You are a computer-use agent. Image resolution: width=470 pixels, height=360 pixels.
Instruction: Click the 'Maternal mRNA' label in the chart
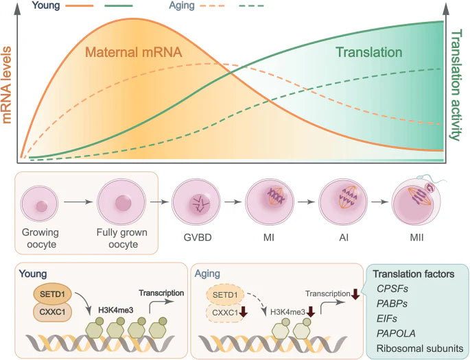[x=134, y=52]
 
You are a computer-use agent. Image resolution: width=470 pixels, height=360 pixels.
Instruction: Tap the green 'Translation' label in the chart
[x=368, y=52]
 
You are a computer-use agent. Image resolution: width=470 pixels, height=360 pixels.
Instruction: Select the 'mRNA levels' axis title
[x=7, y=85]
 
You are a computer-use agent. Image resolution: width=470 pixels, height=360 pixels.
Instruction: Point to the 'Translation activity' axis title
[x=456, y=85]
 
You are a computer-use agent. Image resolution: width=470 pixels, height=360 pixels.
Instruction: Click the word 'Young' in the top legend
[x=46, y=5]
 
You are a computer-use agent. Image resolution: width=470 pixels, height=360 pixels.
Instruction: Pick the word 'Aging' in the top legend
[x=182, y=5]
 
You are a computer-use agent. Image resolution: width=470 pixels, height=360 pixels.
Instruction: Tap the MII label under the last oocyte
[x=416, y=238]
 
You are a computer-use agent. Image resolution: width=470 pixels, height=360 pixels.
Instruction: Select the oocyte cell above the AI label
[x=343, y=201]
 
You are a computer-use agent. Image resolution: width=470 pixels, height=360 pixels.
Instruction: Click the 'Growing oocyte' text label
[x=40, y=239]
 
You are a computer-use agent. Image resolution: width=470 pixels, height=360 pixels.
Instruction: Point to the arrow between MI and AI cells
[x=306, y=202]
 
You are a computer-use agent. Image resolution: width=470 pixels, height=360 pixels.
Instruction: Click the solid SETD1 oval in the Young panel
[x=52, y=294]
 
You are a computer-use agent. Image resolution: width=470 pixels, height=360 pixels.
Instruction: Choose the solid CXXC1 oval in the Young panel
[x=52, y=312]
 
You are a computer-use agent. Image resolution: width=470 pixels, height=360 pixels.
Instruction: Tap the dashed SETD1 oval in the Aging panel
[x=225, y=295]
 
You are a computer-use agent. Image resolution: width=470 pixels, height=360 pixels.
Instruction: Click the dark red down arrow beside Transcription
[x=355, y=293]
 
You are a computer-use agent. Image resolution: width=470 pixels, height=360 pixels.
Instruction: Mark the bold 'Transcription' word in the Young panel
[x=161, y=293]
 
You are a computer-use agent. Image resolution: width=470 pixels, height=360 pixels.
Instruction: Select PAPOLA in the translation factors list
[x=396, y=333]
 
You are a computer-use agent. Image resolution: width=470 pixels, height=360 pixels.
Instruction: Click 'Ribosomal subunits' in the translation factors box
[x=420, y=348]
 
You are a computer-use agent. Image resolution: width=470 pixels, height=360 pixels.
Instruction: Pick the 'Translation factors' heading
[x=413, y=274]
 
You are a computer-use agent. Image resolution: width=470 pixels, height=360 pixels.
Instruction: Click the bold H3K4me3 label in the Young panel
[x=116, y=311]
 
